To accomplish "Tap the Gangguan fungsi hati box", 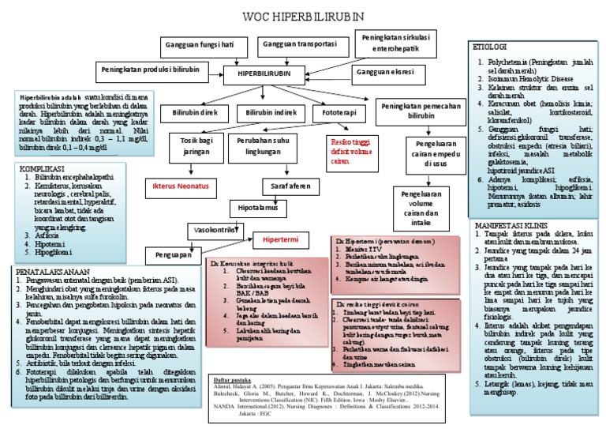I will (x=200, y=44).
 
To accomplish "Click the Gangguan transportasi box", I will (x=297, y=44).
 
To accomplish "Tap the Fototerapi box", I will (x=334, y=114).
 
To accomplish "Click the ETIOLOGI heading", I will (x=490, y=48).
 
